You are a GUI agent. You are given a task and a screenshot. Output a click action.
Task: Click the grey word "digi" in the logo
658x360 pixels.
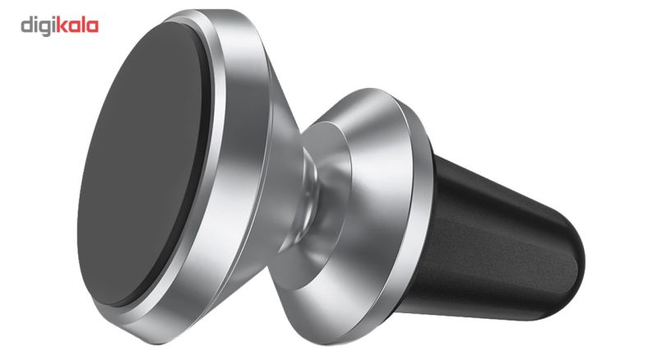(x=38, y=26)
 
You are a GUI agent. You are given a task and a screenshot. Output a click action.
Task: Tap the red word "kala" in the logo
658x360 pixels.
(x=77, y=25)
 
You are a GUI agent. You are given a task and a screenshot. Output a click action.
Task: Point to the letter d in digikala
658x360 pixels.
(x=26, y=25)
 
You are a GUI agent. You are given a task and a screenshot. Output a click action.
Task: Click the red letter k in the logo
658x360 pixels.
(x=61, y=25)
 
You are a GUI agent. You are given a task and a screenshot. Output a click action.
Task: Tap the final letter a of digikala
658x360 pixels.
(x=93, y=27)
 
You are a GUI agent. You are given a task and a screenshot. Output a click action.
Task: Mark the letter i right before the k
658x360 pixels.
(x=53, y=25)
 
